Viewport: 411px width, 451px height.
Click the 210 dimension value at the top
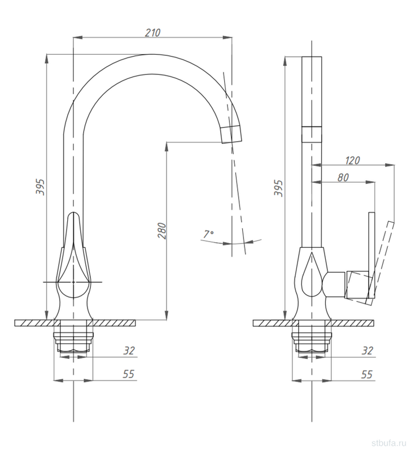pyautogui.click(x=152, y=33)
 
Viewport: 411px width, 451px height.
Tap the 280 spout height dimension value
pyautogui.click(x=161, y=231)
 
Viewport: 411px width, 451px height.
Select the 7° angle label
pyautogui.click(x=208, y=234)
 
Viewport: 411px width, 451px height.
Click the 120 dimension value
pyautogui.click(x=352, y=160)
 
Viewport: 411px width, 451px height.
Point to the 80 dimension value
pyautogui.click(x=343, y=177)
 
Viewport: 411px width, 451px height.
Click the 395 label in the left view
pyautogui.click(x=40, y=187)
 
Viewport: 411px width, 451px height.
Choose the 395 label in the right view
pyautogui.click(x=278, y=188)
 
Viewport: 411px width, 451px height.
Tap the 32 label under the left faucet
pyautogui.click(x=129, y=351)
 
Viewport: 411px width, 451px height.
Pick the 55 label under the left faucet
pyautogui.click(x=129, y=374)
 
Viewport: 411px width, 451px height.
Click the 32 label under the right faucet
pyautogui.click(x=367, y=351)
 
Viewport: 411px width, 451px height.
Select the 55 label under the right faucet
pyautogui.click(x=367, y=374)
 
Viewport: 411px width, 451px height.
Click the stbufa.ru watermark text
pyautogui.click(x=389, y=443)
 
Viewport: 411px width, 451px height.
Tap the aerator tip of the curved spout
pyautogui.click(x=231, y=134)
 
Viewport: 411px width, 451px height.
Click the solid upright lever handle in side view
pyautogui.click(x=372, y=255)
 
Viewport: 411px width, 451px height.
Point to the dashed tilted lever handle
pyautogui.click(x=380, y=263)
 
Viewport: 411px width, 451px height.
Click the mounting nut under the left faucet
pyautogui.click(x=73, y=342)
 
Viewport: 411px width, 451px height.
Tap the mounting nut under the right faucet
pyautogui.click(x=312, y=342)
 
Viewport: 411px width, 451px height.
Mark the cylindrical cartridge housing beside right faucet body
pyautogui.click(x=334, y=284)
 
